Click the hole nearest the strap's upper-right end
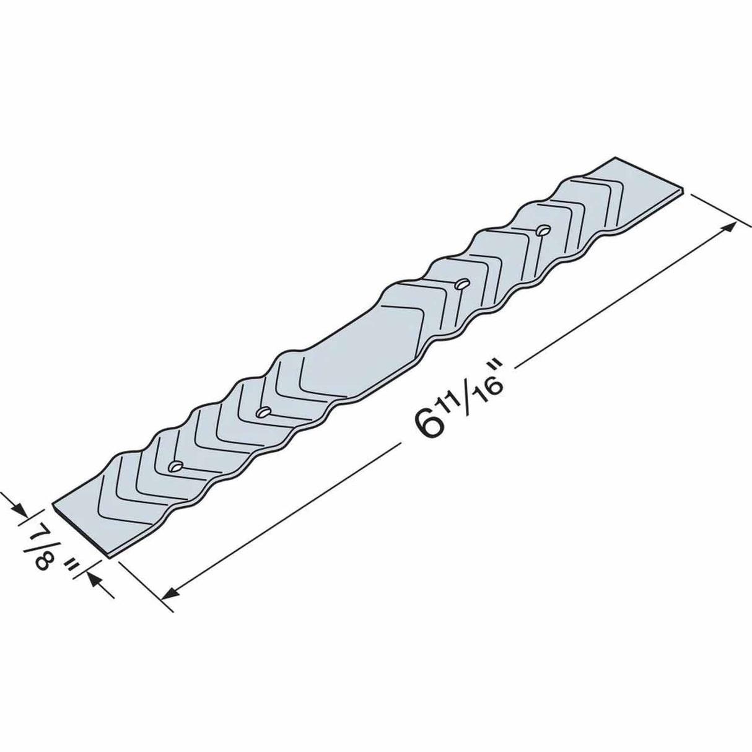pyautogui.click(x=543, y=230)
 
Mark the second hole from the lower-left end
pyautogui.click(x=263, y=411)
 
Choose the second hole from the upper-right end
pyautogui.click(x=461, y=285)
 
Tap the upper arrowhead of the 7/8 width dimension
pyautogui.click(x=20, y=509)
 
